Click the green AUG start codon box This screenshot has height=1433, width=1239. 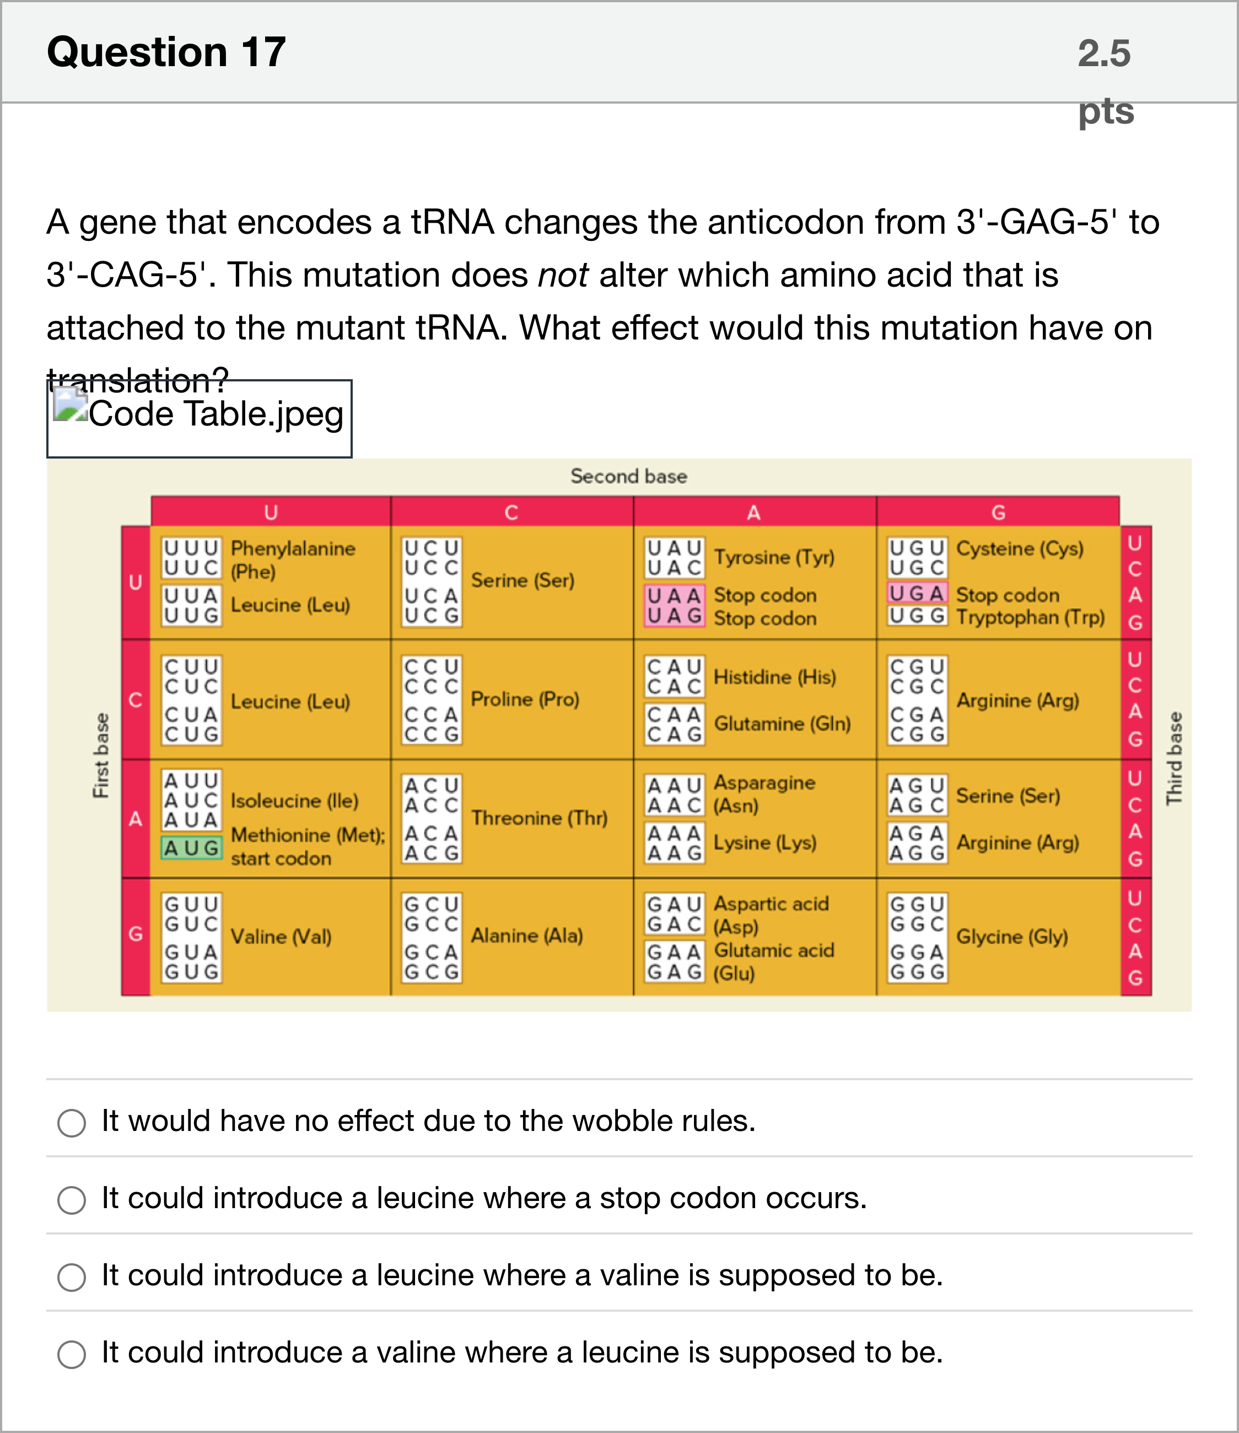click(192, 848)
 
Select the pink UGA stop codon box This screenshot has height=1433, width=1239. click(917, 594)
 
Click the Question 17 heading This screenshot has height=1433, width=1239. click(166, 52)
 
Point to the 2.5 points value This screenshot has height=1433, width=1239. click(1105, 82)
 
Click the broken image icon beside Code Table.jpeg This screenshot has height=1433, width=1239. click(71, 404)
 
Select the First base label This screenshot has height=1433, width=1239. click(101, 756)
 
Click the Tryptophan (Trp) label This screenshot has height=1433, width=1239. click(1030, 617)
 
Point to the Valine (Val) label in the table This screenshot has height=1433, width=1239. click(281, 936)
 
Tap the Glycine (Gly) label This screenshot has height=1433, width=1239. click(1012, 936)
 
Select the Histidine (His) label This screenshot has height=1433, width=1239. click(775, 676)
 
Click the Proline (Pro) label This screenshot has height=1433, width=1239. click(525, 699)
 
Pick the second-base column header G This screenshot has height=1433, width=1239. click(998, 513)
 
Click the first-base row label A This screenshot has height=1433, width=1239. click(136, 820)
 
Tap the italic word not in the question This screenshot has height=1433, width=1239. click(563, 275)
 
